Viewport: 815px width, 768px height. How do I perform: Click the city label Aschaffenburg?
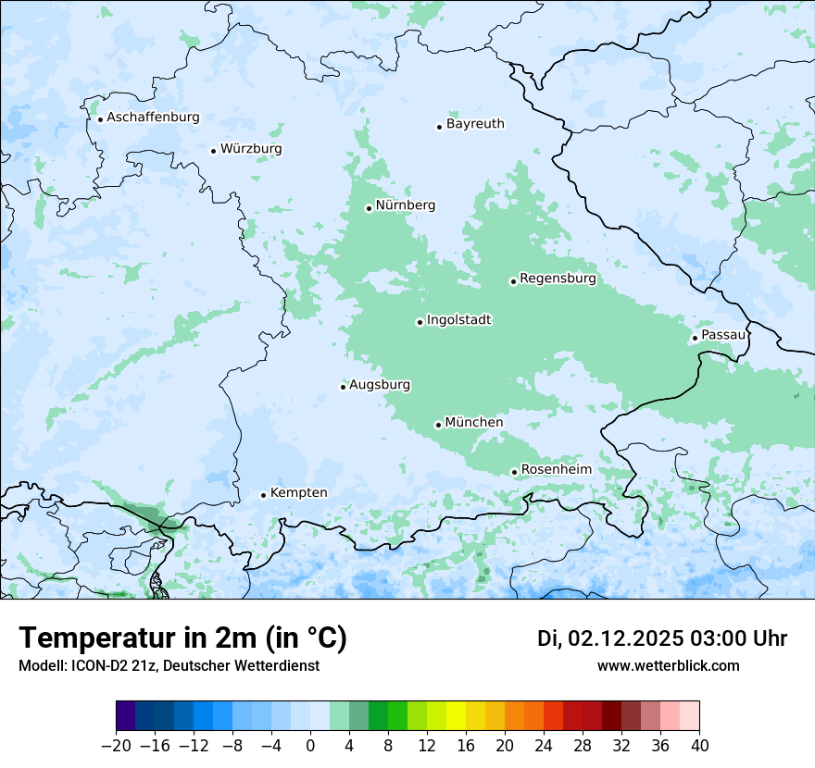(x=153, y=118)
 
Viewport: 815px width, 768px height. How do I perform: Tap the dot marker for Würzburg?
(x=213, y=151)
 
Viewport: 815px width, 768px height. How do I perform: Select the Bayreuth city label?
(x=475, y=124)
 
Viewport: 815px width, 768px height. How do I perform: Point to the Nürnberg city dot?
(x=369, y=208)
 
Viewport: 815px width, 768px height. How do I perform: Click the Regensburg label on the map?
(x=558, y=279)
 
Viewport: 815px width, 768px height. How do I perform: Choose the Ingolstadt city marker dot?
(x=420, y=323)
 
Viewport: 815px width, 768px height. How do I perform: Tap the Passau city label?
(x=723, y=335)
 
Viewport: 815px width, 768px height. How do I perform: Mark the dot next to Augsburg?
(x=343, y=387)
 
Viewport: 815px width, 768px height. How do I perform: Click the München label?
(x=474, y=423)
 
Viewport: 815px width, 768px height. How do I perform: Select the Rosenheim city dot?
(x=514, y=472)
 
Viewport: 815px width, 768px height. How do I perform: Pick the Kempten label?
(x=298, y=493)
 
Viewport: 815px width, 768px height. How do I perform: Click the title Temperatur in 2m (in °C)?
(x=182, y=638)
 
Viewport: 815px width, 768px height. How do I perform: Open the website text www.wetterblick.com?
(x=668, y=666)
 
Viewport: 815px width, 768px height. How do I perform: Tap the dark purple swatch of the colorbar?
(x=126, y=716)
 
